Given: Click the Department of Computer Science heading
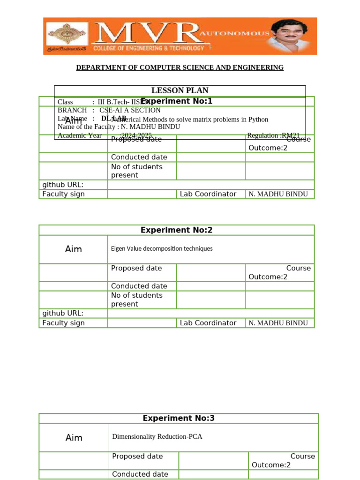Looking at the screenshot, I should pos(180,67).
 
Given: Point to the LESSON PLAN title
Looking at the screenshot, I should pos(180,90).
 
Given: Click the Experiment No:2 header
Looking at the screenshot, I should pos(176,230).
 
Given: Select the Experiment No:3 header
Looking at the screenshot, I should pos(178,418).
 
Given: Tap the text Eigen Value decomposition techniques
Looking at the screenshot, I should pos(162,248).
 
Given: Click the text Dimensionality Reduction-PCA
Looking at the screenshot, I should pos(157,436).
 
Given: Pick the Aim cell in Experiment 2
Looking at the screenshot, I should pos(74,249).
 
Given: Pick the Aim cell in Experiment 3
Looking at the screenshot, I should pos(74,437).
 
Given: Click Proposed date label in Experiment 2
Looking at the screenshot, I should pos(136,268).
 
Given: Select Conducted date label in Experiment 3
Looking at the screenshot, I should pos(140,474).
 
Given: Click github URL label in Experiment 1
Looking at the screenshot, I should pos(63,185).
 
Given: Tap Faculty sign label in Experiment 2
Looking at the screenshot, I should pos(64,322).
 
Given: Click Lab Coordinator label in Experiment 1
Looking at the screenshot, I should pos(208,194).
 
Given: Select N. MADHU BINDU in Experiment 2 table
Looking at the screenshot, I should pos(278,323).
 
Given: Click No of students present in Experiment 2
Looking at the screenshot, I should pos(137,300).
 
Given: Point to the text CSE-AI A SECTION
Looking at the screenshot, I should pos(130,110).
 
